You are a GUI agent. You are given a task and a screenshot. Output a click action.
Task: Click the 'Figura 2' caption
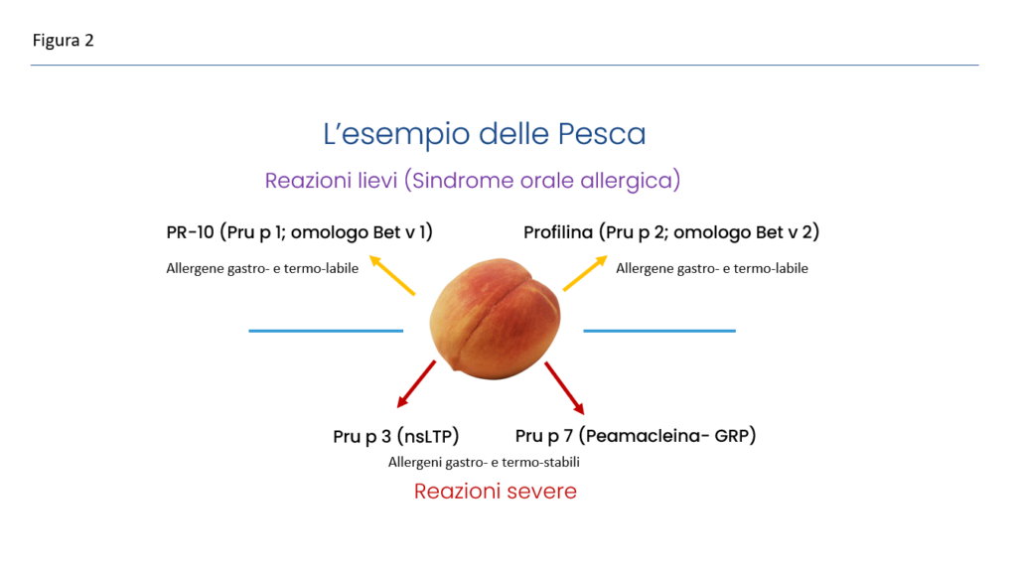tap(63, 41)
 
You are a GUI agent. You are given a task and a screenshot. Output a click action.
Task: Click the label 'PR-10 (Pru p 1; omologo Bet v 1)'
tap(300, 232)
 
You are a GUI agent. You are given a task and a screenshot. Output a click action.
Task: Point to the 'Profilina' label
tap(558, 232)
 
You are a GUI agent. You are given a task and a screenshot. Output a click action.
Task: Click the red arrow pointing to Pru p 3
tap(416, 384)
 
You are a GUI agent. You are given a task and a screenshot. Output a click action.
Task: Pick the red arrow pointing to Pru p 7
tap(564, 388)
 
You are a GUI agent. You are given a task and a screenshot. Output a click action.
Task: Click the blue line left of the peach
tap(326, 331)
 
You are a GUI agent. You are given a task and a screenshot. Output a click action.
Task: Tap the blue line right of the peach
tap(659, 331)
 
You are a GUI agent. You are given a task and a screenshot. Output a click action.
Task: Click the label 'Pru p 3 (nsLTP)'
tap(396, 436)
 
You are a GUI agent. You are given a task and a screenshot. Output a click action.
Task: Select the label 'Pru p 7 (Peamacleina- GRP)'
tap(636, 435)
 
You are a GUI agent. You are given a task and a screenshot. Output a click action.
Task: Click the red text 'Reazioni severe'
tap(495, 491)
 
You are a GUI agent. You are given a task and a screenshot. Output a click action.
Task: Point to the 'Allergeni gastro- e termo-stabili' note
tap(484, 462)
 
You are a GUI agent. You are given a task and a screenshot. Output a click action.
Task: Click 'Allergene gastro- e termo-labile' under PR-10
tap(262, 268)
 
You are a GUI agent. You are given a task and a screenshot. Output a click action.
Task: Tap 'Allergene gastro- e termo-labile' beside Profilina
tap(712, 268)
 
